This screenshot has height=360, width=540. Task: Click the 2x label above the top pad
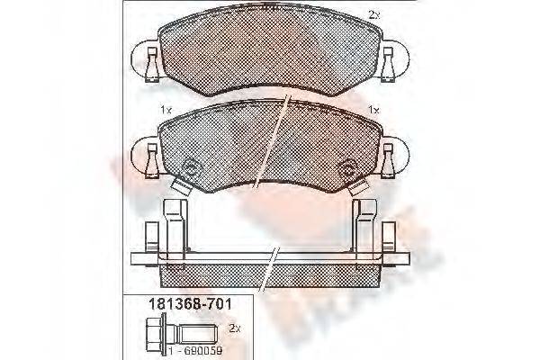pos(375,14)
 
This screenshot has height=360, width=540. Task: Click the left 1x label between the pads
pos(165,110)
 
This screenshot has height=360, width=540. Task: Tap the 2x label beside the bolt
pos(235,328)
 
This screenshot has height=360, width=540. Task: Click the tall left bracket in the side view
pos(173,229)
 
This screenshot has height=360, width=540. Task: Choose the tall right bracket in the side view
pos(367,229)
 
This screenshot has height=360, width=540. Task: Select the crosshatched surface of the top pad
pos(270,54)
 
